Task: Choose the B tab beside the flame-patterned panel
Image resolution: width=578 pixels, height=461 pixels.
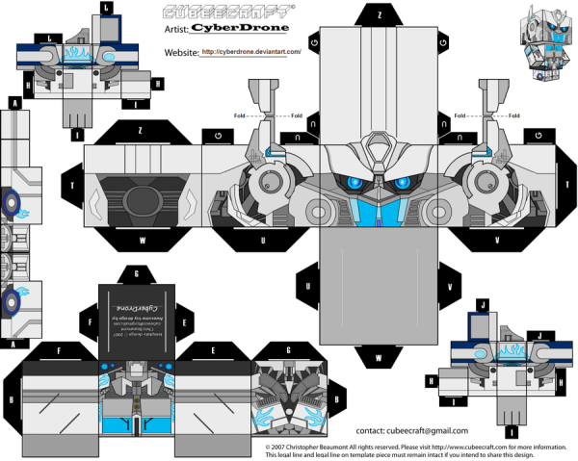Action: [x=337, y=396]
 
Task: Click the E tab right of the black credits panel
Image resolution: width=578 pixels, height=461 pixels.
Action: [x=185, y=315]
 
